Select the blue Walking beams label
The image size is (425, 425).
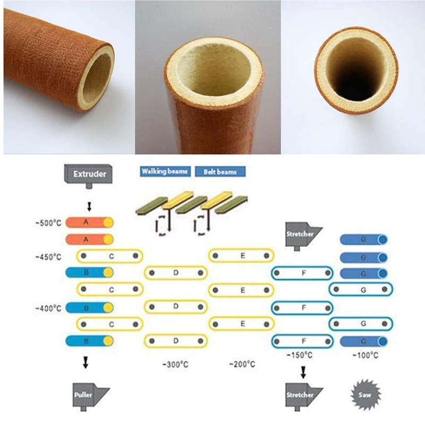pyautogui.click(x=165, y=172)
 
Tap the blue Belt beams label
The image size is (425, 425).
pyautogui.click(x=220, y=172)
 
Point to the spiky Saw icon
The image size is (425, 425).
pyautogui.click(x=365, y=395)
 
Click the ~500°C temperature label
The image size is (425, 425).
pyautogui.click(x=48, y=223)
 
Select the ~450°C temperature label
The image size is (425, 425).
pyautogui.click(x=48, y=257)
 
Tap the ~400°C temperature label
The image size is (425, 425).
pyautogui.click(x=48, y=308)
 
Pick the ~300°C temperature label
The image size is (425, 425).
pyautogui.click(x=175, y=364)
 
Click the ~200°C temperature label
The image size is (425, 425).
pyautogui.click(x=242, y=364)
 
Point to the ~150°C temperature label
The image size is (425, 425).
pyautogui.click(x=300, y=355)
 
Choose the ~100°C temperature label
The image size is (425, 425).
pyautogui.click(x=365, y=355)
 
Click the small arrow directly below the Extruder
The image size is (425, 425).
pyautogui.click(x=89, y=207)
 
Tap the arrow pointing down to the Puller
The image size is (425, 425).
pyautogui.click(x=86, y=362)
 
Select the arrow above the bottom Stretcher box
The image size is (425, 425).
pyautogui.click(x=303, y=372)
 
